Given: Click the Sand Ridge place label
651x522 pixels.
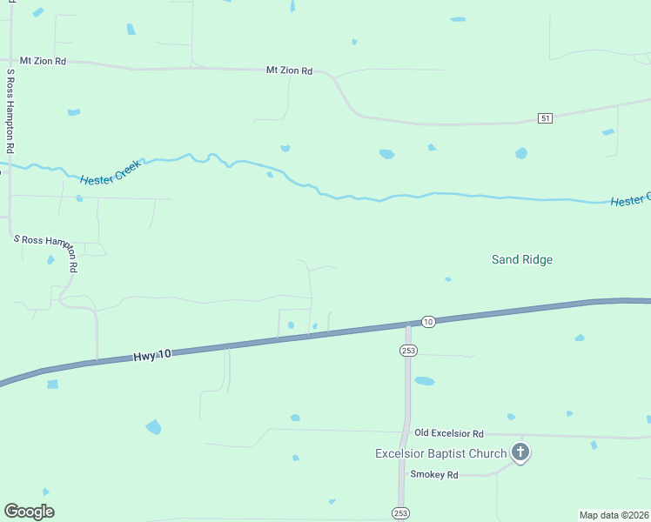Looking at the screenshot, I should point(521,259).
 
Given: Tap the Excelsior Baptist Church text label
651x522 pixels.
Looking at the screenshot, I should point(440,453).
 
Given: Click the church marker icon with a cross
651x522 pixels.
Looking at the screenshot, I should point(520,452).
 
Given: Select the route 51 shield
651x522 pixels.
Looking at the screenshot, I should point(545,118).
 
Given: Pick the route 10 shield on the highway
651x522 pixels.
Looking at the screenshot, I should point(427,322).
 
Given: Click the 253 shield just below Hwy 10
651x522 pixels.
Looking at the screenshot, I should point(407,351).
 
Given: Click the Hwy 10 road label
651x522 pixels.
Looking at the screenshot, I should point(153,356).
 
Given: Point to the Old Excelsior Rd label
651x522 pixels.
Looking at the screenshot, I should point(448,433).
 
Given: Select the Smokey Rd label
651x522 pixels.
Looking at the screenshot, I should point(434,475).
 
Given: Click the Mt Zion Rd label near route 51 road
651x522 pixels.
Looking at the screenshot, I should point(289,70).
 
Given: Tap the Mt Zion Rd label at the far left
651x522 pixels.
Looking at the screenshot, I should point(43,62).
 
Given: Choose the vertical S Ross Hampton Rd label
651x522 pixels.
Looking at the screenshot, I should point(11,102).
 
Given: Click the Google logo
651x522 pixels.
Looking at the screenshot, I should point(29,512).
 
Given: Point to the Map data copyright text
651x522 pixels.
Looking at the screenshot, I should point(614,514).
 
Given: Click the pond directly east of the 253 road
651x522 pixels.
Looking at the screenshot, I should point(424,381).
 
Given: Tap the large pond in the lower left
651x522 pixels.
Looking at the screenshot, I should point(153,426).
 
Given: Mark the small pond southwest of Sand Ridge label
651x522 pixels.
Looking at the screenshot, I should point(447,279).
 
